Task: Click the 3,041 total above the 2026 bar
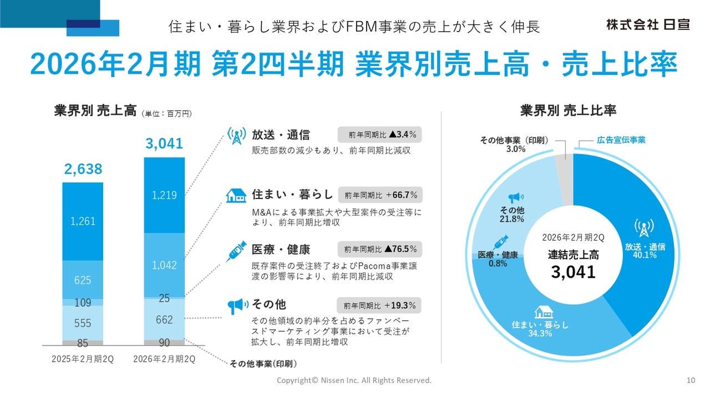tap(164, 144)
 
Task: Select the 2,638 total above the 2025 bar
tap(83, 170)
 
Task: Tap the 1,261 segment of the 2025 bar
tap(83, 221)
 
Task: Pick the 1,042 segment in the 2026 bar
tap(164, 265)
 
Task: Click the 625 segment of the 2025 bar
tap(83, 280)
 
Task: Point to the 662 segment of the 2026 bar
tap(164, 320)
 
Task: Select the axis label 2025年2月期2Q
tap(83, 359)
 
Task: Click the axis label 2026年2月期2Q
tap(164, 359)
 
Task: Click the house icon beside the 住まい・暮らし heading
tap(236, 195)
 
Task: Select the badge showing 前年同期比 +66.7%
tap(380, 195)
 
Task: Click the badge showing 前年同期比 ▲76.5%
tap(380, 249)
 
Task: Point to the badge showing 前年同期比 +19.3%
tap(380, 305)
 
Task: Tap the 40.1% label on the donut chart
tap(645, 255)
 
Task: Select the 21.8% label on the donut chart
tap(511, 219)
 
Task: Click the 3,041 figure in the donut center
tap(573, 272)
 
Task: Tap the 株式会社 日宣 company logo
tap(647, 24)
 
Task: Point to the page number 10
tap(691, 380)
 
